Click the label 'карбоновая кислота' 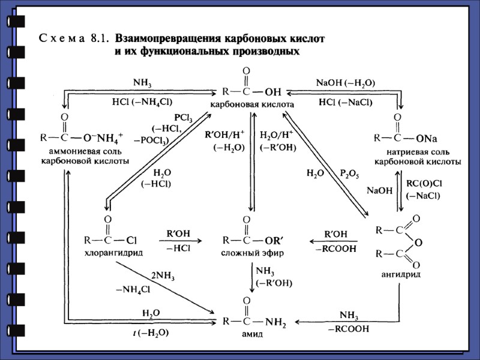pos(252,104)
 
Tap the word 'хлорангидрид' pos(113,253)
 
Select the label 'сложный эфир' pos(252,253)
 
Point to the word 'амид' pos(253,334)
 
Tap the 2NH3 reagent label pos(163,276)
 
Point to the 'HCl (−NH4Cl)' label pos(142,102)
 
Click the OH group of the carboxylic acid pos(272,92)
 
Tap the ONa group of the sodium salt pos(425,138)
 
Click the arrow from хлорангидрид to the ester pos(178,241)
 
